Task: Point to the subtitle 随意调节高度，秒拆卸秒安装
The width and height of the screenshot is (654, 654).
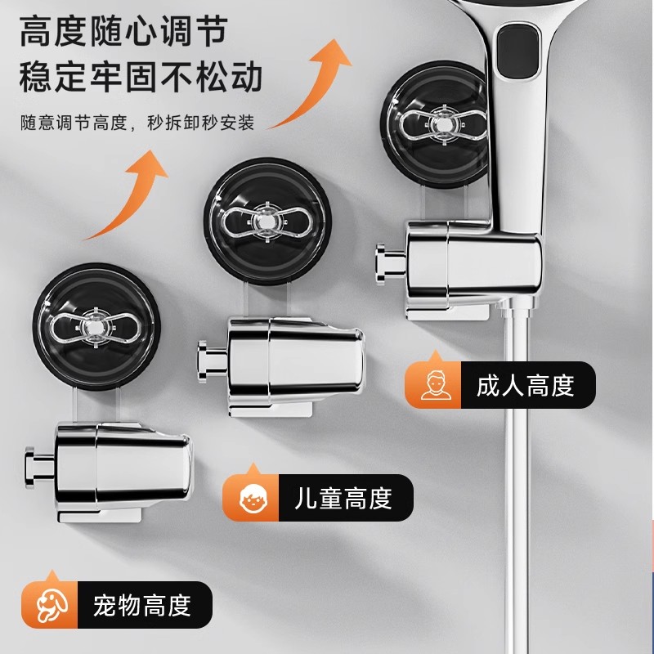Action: click(137, 123)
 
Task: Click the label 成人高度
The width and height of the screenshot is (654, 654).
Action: click(525, 385)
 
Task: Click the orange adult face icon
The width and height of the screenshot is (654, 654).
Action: click(435, 384)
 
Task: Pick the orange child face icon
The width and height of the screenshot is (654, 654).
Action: click(251, 498)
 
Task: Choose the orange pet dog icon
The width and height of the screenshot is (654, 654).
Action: click(51, 606)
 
